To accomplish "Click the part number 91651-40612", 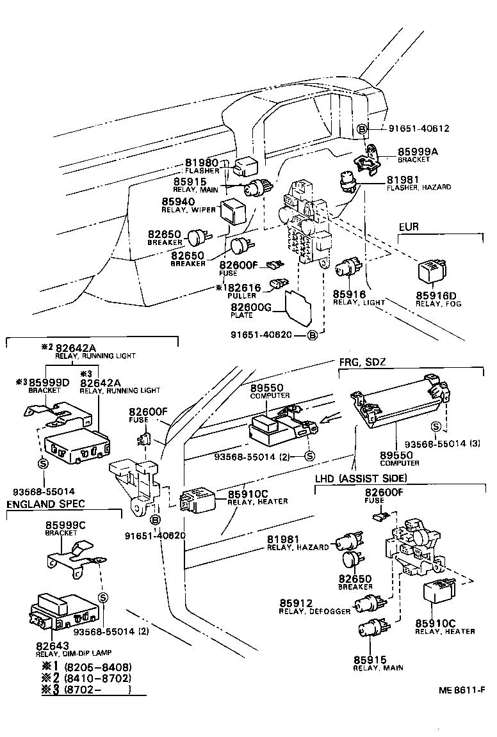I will coord(419,129).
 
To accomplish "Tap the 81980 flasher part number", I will coord(202,163).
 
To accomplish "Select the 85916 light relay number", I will coord(349,294).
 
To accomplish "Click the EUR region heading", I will coord(409,227).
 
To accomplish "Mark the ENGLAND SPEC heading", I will coord(45,504).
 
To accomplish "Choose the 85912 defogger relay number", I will coord(296,603).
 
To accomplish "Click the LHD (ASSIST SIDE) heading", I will coord(361,479).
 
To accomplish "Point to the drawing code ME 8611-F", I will coord(460,690).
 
